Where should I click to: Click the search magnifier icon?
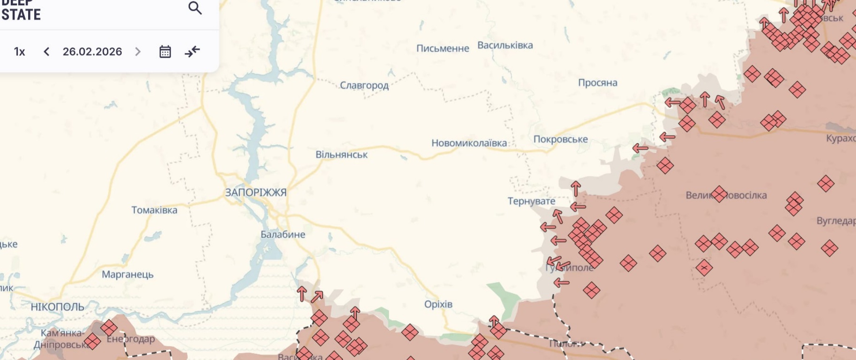pyautogui.click(x=195, y=8)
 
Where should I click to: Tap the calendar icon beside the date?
pyautogui.click(x=165, y=52)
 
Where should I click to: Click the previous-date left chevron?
pyautogui.click(x=46, y=52)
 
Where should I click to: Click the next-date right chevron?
pyautogui.click(x=138, y=52)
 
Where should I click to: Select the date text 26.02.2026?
pyautogui.click(x=92, y=52)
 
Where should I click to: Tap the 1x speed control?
pyautogui.click(x=19, y=52)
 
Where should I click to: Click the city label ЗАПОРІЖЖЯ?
pyautogui.click(x=256, y=192)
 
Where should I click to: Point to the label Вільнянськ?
pyautogui.click(x=342, y=154)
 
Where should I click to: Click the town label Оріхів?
pyautogui.click(x=438, y=304)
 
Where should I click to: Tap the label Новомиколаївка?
pyautogui.click(x=469, y=143)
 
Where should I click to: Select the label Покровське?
pyautogui.click(x=560, y=139)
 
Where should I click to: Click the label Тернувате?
pyautogui.click(x=531, y=201)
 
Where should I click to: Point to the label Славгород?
pyautogui.click(x=364, y=85)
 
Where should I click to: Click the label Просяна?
pyautogui.click(x=597, y=83)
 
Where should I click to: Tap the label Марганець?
pyautogui.click(x=128, y=274)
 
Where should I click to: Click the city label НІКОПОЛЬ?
pyautogui.click(x=57, y=307)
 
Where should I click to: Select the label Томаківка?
pyautogui.click(x=154, y=210)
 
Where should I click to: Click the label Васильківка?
pyautogui.click(x=505, y=46)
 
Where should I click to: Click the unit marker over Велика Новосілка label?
pyautogui.click(x=719, y=194)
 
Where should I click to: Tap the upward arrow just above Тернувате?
pyautogui.click(x=576, y=189)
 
